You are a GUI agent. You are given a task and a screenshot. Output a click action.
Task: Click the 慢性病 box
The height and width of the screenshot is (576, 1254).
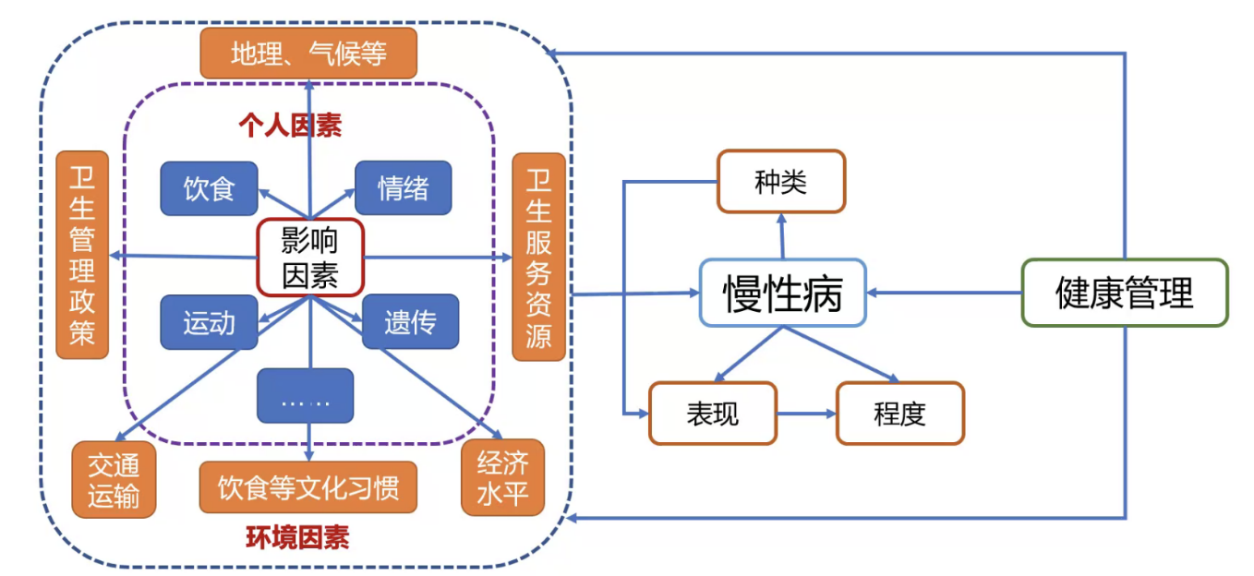pos(782,293)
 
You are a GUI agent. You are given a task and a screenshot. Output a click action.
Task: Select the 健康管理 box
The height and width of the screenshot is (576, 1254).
pos(1124,293)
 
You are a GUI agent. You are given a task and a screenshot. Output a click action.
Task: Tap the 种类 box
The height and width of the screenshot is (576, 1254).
pos(781,182)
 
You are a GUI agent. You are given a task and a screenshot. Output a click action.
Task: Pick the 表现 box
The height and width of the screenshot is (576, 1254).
pos(713,413)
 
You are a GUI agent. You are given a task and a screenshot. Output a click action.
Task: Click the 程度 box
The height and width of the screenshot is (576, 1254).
pos(899,413)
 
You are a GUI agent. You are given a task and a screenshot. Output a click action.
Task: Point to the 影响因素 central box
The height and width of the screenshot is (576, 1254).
pos(310,258)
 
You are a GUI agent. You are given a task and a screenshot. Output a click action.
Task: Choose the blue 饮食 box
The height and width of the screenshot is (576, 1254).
pos(209,188)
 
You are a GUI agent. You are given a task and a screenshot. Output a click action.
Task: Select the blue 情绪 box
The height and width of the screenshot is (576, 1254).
pos(404,188)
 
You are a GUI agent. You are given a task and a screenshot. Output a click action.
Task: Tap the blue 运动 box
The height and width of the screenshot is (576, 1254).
pos(209,322)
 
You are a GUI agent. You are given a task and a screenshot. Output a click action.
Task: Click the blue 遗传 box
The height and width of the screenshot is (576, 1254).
pos(410,322)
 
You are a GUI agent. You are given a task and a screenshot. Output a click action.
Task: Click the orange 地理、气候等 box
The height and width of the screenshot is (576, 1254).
pos(308,53)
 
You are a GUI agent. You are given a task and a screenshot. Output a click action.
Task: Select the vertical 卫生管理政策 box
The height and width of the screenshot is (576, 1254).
pos(82,255)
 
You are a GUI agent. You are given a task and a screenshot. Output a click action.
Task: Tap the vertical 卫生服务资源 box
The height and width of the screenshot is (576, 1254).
pos(538,257)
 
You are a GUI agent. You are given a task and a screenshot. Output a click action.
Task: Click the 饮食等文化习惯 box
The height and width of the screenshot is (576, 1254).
pos(308,486)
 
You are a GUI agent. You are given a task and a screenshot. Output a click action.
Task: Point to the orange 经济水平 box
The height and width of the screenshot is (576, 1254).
pos(502,477)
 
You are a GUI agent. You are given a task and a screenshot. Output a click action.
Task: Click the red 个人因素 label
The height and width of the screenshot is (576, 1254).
pos(290,126)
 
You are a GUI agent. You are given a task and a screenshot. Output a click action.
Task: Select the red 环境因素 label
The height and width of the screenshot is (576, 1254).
pos(297,537)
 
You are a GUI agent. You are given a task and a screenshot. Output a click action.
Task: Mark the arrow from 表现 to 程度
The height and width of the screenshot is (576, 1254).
pos(806,414)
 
